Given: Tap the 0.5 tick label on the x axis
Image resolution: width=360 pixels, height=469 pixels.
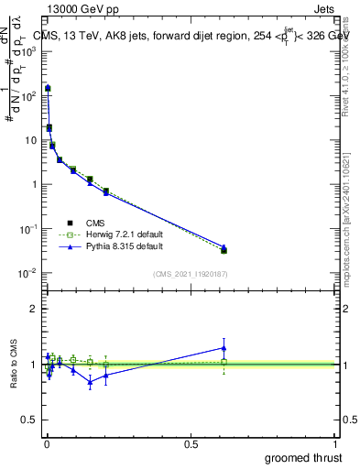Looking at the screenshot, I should point(191,443).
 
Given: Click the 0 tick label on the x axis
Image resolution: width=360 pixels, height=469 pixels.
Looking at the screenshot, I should point(47,443).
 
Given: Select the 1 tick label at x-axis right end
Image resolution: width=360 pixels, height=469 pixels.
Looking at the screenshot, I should point(337,443).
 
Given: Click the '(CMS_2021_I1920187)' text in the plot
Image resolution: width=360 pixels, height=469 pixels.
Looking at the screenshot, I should point(191,273).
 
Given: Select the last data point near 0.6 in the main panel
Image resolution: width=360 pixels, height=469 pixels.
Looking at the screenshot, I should point(224,249).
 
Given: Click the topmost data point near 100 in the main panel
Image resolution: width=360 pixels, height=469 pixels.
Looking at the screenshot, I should point(48,89).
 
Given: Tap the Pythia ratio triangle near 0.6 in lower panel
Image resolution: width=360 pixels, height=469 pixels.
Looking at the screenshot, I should point(224,347).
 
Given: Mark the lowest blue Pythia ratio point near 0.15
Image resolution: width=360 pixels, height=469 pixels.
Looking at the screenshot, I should point(90,382).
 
